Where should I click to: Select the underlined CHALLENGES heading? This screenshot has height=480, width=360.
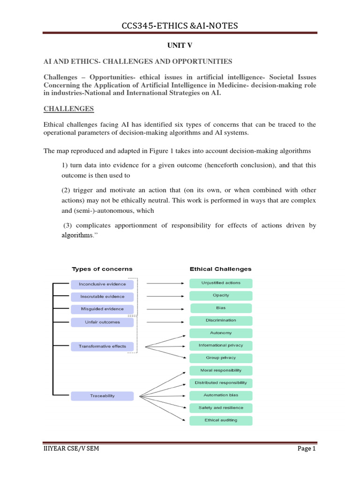click(x=69, y=109)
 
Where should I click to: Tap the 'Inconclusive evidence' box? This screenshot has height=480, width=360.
click(x=102, y=284)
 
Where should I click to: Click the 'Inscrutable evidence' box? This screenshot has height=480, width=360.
click(x=102, y=297)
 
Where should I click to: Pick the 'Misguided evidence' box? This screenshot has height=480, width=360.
click(x=102, y=309)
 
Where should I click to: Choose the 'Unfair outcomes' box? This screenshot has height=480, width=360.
click(x=102, y=322)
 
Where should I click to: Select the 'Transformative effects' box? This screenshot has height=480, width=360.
click(x=102, y=346)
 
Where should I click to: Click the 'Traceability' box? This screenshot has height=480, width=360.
click(x=102, y=396)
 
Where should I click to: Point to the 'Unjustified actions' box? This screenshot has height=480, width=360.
click(x=221, y=283)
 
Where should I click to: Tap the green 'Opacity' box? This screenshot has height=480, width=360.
click(x=221, y=296)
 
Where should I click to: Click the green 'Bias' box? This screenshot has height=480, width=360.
click(x=221, y=308)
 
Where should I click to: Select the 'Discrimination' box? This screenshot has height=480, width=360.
click(x=221, y=321)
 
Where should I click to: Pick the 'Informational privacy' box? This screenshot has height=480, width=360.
click(x=221, y=345)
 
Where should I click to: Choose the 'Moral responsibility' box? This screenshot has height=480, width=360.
click(x=221, y=370)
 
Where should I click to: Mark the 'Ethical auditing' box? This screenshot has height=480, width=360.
click(x=221, y=420)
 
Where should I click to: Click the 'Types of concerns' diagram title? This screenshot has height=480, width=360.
click(x=102, y=269)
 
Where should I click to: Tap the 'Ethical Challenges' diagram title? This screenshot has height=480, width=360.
click(x=220, y=269)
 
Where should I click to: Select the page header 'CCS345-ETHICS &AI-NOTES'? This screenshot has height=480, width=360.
click(x=180, y=25)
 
